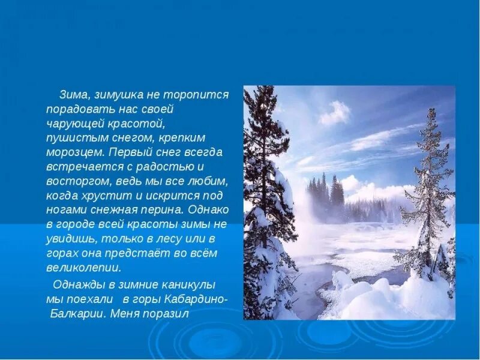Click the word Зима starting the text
tap(71, 95)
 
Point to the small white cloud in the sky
tap(335, 112)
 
